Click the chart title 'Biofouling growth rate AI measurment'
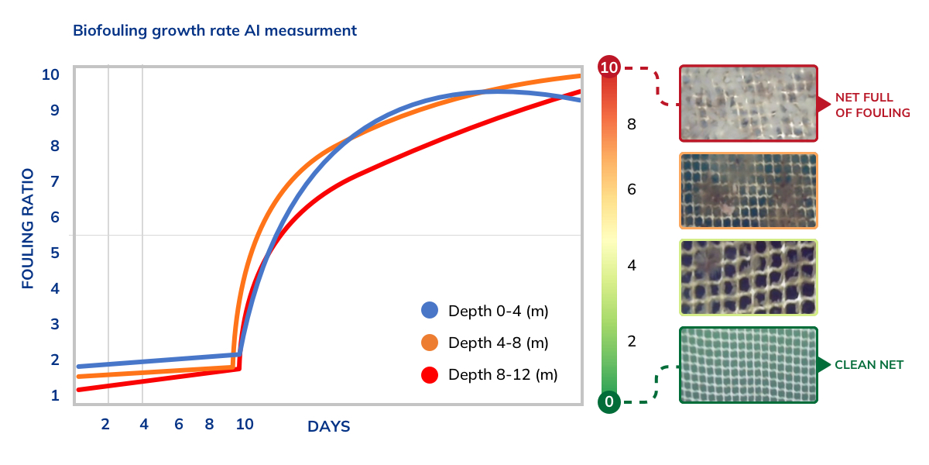(x=214, y=31)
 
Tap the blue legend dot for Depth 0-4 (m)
(x=430, y=311)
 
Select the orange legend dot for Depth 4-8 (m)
(x=430, y=343)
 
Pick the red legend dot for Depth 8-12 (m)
(x=430, y=375)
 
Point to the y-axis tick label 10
(x=50, y=75)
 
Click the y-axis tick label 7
(x=55, y=182)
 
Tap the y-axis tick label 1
(x=55, y=396)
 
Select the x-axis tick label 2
(x=105, y=424)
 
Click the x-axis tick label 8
(x=209, y=424)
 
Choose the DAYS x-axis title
(x=329, y=426)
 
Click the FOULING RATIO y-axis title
(x=28, y=229)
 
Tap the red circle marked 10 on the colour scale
(x=609, y=68)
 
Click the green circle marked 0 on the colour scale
(x=609, y=401)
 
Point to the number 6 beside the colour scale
(x=632, y=189)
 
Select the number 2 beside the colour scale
(x=632, y=342)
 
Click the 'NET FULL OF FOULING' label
(x=872, y=105)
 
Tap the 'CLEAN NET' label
(x=869, y=364)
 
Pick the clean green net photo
(x=748, y=364)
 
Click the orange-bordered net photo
(x=748, y=191)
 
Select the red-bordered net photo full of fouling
(x=748, y=103)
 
